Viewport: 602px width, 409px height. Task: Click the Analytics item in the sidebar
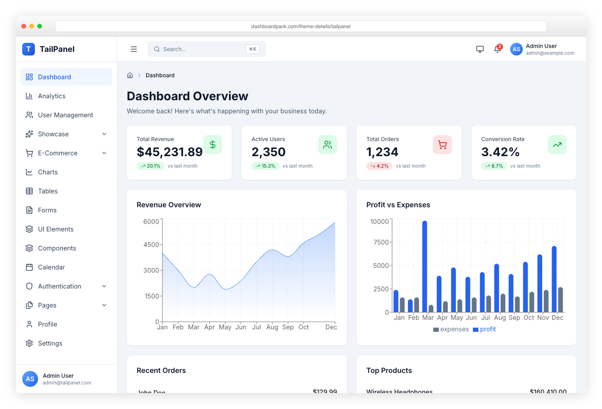[x=51, y=96]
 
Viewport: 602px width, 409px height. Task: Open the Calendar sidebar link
[x=51, y=267]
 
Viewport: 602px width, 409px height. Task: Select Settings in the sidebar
[x=50, y=343]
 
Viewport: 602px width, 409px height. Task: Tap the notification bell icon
[x=497, y=49]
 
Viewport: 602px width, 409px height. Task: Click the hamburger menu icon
[x=134, y=49]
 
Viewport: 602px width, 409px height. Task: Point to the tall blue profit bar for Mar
[x=425, y=266]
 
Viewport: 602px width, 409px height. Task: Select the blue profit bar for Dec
[x=554, y=279]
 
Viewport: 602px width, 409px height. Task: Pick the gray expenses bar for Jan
[x=402, y=305]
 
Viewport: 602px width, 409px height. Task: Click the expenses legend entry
[x=451, y=329]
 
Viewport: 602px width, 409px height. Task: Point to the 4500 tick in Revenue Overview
[x=151, y=245]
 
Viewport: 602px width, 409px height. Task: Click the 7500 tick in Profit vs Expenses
[x=381, y=242]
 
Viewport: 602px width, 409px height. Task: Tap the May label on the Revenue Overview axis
[x=225, y=327]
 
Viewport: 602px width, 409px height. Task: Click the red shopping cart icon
[x=442, y=145]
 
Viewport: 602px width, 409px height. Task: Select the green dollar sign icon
[x=213, y=145]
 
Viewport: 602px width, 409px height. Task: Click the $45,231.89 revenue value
[x=170, y=152]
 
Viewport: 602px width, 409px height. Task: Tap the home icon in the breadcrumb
[x=130, y=75]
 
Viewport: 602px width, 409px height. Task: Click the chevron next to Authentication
[x=104, y=286]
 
